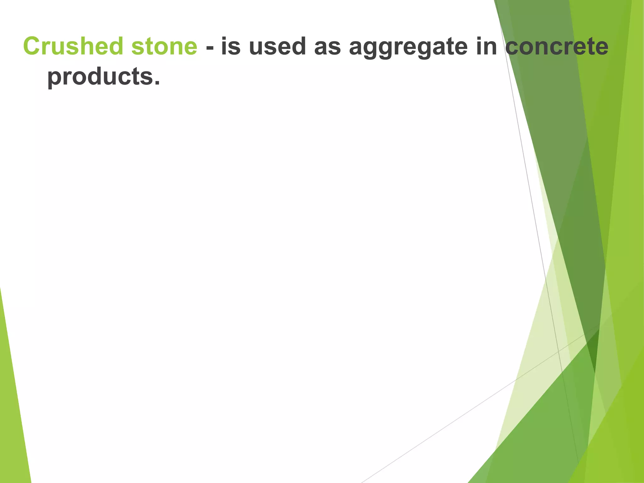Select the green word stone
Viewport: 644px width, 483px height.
coord(164,46)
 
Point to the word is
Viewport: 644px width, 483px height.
coord(231,46)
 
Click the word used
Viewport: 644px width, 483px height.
coord(277,46)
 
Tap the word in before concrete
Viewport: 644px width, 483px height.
coord(486,46)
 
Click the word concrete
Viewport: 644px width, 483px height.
coord(557,46)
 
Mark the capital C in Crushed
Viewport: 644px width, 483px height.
coord(33,46)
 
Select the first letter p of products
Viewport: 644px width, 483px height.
coord(54,79)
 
